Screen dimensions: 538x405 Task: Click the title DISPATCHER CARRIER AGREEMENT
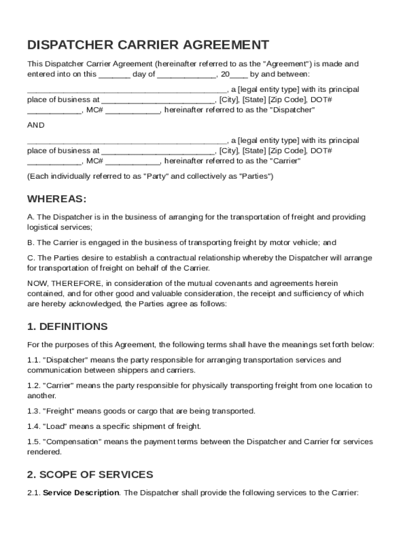point(148,45)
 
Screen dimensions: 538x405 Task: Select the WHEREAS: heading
point(56,199)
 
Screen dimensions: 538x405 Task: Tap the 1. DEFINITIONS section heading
point(67,327)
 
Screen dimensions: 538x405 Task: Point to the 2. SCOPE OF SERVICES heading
point(90,475)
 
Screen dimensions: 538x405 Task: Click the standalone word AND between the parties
point(36,126)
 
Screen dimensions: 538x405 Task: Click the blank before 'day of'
point(114,74)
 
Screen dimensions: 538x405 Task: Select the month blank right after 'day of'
point(186,74)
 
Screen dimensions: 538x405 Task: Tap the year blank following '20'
point(239,74)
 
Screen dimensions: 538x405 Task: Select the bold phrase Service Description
point(80,493)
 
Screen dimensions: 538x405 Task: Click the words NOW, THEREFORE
point(58,284)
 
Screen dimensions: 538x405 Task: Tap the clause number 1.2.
point(33,386)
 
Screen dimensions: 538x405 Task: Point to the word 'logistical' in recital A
point(43,227)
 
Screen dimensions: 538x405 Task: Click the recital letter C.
point(31,258)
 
